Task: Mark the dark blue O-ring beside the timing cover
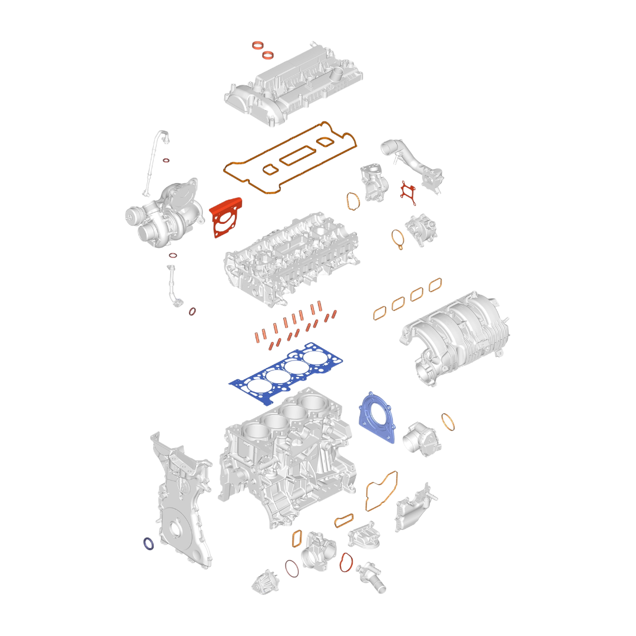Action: coord(149,544)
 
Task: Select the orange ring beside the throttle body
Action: coord(449,422)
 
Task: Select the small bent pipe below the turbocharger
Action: coord(173,286)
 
